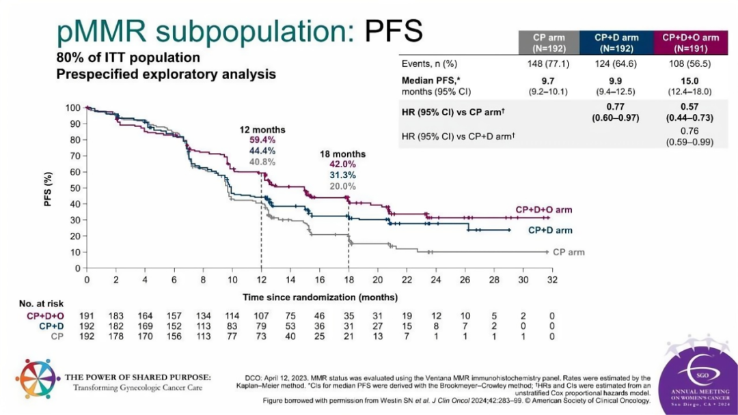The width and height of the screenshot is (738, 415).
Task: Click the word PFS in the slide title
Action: point(394,31)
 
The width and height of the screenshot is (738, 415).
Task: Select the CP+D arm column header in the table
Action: point(616,43)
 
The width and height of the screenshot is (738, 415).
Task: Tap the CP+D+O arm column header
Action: point(690,43)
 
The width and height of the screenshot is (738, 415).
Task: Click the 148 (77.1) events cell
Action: point(548,63)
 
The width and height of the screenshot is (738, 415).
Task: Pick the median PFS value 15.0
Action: point(689,81)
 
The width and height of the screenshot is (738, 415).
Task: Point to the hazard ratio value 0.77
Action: point(615,106)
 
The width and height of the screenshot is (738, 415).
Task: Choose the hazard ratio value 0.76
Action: point(689,131)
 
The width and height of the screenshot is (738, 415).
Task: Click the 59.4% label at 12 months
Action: point(262,140)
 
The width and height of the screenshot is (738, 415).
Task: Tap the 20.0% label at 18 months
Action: point(342,186)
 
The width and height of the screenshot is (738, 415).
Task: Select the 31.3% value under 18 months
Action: point(342,175)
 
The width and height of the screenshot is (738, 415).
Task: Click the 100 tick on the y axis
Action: point(73,108)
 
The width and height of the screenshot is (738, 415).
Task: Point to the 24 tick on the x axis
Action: point(436,280)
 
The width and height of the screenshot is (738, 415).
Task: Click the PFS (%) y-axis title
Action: point(48,188)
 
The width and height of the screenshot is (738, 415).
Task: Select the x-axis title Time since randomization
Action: point(320,298)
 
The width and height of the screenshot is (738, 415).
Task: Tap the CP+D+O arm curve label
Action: point(544,210)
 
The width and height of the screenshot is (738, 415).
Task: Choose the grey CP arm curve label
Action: point(569,253)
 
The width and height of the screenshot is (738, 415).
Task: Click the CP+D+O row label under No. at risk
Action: point(45,316)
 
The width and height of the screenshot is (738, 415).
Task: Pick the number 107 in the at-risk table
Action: point(261,316)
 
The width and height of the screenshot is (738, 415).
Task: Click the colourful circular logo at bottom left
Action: point(38,379)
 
